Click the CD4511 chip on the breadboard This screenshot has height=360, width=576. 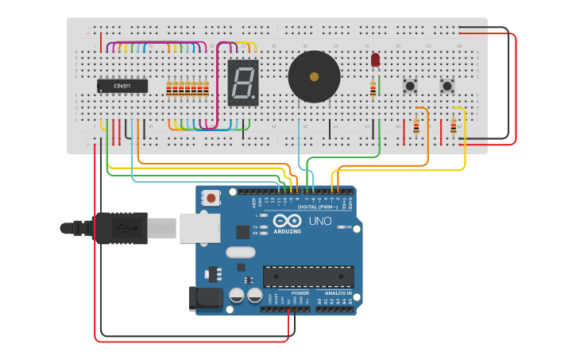point(122,86)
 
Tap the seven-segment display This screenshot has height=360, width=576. point(242,83)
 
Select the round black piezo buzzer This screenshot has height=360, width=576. point(314,77)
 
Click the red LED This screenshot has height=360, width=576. point(375,60)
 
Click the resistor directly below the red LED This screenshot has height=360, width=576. point(373,88)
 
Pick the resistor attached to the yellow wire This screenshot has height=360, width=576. point(454,126)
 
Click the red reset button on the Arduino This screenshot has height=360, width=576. point(211,196)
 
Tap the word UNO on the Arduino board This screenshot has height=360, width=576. point(320,221)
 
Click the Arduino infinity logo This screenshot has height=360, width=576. point(285,221)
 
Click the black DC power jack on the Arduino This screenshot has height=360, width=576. point(203,298)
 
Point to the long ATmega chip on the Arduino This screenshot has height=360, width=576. point(308,276)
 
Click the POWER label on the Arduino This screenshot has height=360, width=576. point(300,293)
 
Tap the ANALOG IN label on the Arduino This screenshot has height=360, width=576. point(337,293)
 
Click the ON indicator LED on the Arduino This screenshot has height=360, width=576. point(342,227)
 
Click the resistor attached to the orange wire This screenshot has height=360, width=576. point(416,126)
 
